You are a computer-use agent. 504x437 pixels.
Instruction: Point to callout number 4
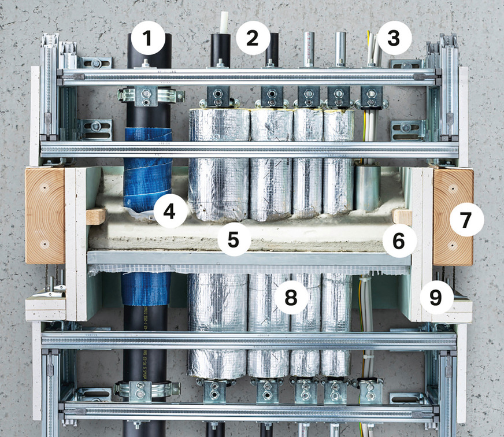click(169, 212)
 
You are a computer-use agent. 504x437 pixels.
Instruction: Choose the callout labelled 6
click(399, 241)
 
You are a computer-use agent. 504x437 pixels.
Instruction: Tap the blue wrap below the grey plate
click(146, 289)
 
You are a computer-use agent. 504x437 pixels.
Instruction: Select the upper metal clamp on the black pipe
click(147, 95)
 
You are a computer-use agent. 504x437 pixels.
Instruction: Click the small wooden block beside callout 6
click(402, 217)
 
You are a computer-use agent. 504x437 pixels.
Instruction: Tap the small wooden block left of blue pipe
click(96, 216)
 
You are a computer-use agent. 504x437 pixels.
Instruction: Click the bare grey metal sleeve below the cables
click(368, 188)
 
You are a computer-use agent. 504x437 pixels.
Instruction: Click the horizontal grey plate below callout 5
click(249, 258)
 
